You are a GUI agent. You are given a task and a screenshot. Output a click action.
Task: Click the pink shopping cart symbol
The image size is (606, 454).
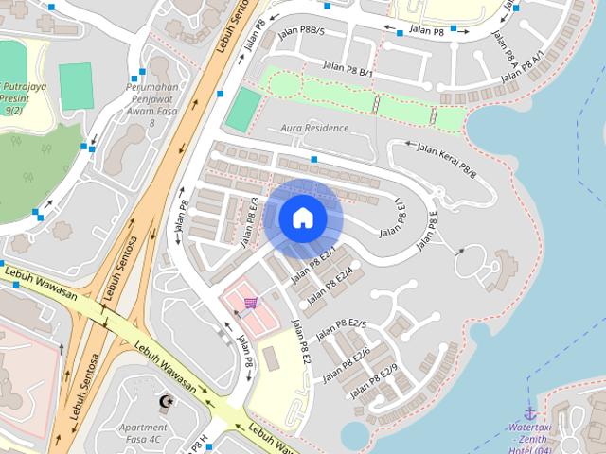click(x=250, y=303)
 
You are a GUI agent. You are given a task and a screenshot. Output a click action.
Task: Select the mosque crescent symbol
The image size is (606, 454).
click(x=169, y=402)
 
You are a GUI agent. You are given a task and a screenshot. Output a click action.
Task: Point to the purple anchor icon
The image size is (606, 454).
click(x=530, y=413)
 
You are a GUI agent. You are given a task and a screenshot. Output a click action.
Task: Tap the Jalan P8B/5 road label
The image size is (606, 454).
click(x=302, y=32)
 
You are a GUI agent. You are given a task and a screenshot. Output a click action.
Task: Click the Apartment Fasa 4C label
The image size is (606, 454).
click(x=144, y=432)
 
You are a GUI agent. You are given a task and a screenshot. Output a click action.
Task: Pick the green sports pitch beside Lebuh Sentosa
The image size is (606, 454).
click(x=242, y=110)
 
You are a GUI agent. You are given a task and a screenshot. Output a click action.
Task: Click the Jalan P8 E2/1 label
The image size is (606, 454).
click(x=315, y=266)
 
